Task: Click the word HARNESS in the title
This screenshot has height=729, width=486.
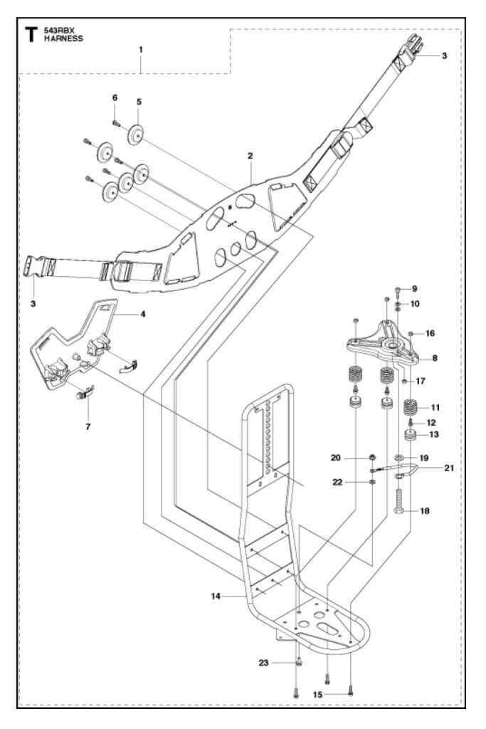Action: pyautogui.click(x=63, y=38)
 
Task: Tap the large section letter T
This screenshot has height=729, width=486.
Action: pyautogui.click(x=31, y=34)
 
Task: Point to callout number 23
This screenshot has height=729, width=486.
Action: pyautogui.click(x=263, y=663)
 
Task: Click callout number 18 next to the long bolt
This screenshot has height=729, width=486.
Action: pyautogui.click(x=425, y=511)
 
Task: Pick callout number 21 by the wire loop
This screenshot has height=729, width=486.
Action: pyautogui.click(x=449, y=468)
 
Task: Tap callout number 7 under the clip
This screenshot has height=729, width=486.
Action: pyautogui.click(x=88, y=426)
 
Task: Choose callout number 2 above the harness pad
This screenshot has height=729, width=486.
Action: pyautogui.click(x=250, y=156)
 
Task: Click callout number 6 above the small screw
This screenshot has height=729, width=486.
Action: pyautogui.click(x=115, y=98)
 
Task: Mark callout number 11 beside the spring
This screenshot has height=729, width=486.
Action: pyautogui.click(x=435, y=408)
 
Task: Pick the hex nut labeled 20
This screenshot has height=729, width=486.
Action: pyautogui.click(x=373, y=458)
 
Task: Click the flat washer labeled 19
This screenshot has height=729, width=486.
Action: pyautogui.click(x=398, y=458)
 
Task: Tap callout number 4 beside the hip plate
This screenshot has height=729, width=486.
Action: pyautogui.click(x=143, y=314)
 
